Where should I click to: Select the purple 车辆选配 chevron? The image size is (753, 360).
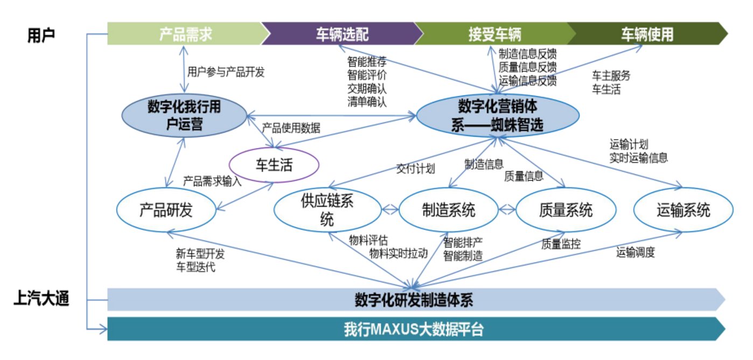[x=341, y=34]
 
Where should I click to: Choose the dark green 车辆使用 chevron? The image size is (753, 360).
[x=646, y=34]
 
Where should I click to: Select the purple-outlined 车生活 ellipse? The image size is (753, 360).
[x=274, y=165]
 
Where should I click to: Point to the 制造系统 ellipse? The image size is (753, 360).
[x=448, y=210]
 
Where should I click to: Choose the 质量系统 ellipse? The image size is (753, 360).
[x=566, y=210]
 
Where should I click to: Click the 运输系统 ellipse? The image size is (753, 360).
[x=683, y=210]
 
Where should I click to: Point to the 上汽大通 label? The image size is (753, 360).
[x=41, y=299]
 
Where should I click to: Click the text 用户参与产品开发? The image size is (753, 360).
[x=226, y=72]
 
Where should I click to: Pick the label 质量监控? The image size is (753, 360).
[x=561, y=243]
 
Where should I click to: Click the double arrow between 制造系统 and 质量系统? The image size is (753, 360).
[x=506, y=210]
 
